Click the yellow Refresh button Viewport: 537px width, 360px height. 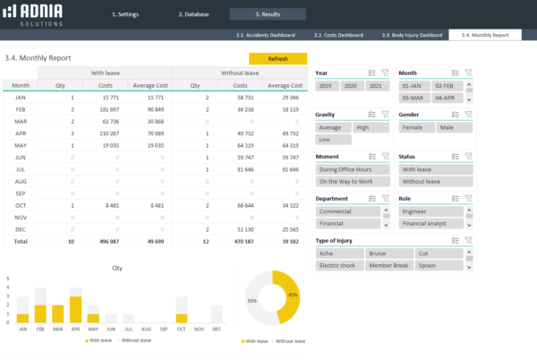click(277, 58)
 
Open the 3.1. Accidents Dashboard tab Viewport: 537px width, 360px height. click(266, 35)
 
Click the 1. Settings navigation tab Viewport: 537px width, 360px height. click(125, 14)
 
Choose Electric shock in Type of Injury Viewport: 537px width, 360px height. click(338, 265)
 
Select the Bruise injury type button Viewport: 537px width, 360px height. click(385, 253)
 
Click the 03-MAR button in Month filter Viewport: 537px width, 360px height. click(413, 97)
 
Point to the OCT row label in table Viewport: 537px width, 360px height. click(20, 203)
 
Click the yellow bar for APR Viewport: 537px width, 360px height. click(76, 309)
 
